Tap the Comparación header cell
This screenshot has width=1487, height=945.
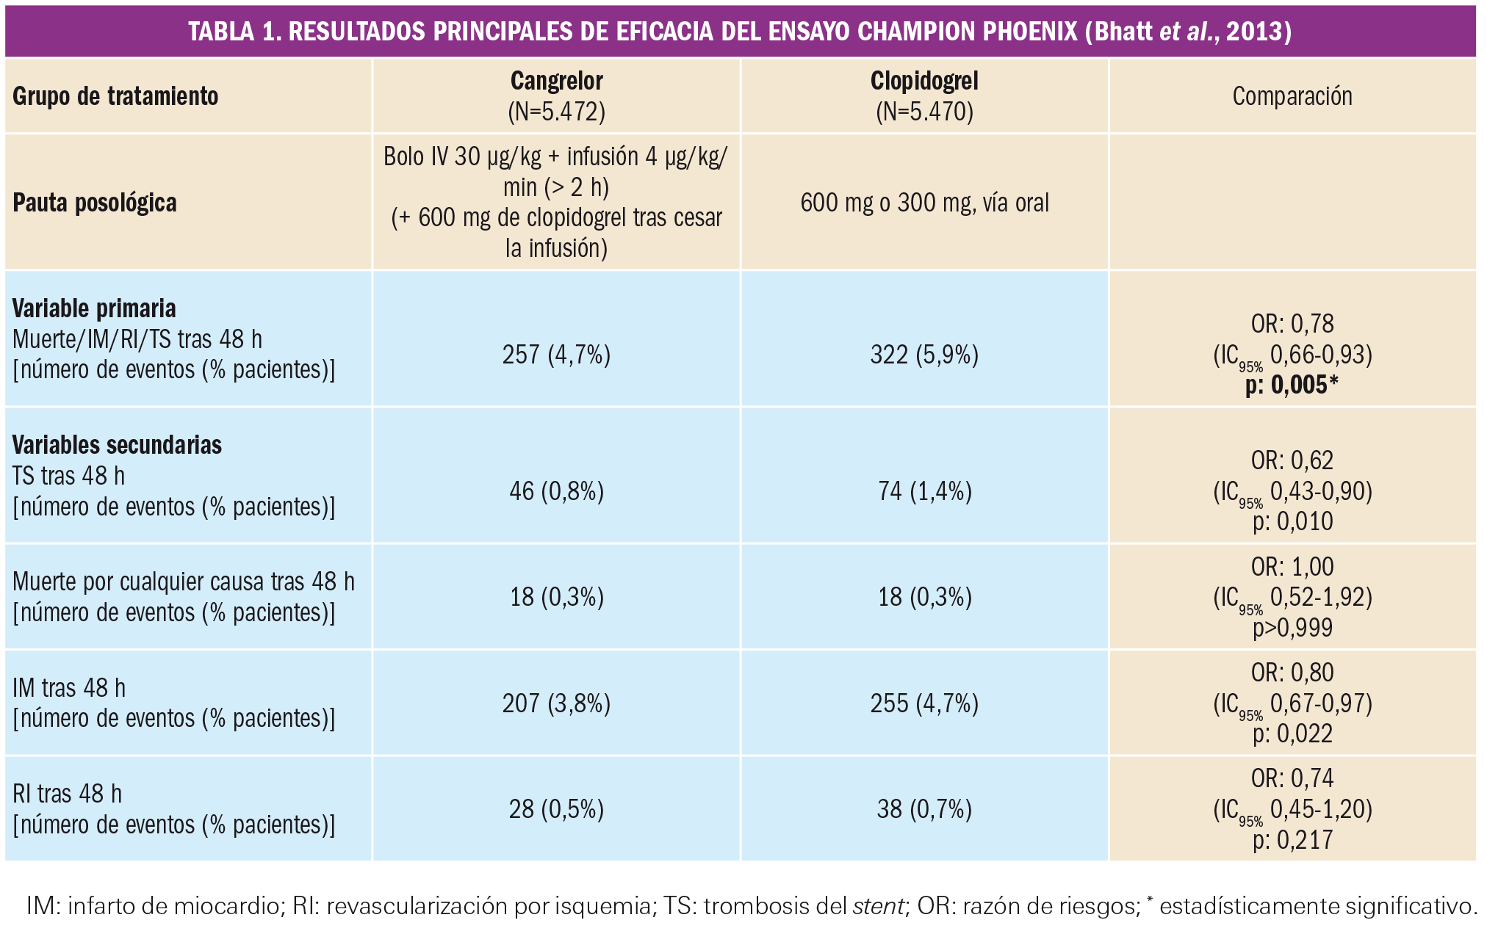coord(1292,96)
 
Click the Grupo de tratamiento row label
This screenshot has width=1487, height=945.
coord(115,96)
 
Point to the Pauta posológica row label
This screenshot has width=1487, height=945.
coord(95,203)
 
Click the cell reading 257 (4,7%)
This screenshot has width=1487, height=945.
coord(556,355)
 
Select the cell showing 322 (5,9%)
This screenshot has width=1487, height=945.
coord(924,355)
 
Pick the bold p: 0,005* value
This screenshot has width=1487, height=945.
coord(1292,385)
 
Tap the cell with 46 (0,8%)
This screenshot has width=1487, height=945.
coord(556,490)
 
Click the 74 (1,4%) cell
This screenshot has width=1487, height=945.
coord(924,490)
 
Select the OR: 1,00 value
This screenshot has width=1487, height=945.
coord(1292,567)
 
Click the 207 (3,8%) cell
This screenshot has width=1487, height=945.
coord(556,703)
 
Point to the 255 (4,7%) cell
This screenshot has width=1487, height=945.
coord(924,703)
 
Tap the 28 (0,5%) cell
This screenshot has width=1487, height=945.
coord(556,809)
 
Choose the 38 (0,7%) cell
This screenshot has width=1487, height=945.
coord(924,809)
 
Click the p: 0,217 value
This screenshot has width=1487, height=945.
coord(1292,840)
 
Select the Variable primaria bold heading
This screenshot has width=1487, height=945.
coord(94,308)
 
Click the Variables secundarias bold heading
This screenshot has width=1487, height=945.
coord(117,445)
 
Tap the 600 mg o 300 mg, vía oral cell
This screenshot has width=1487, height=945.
coord(924,203)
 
